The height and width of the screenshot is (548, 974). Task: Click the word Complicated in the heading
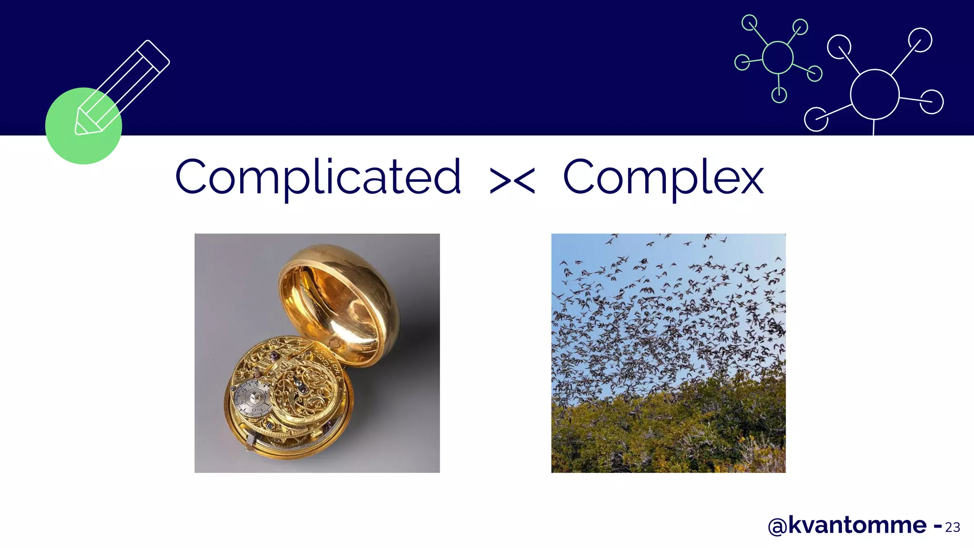tap(318, 177)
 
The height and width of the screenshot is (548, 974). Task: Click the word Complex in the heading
tap(663, 177)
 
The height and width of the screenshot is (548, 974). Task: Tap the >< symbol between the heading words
tap(512, 181)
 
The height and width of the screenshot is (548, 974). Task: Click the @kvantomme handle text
tap(847, 525)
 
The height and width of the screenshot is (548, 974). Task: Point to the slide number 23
tap(952, 527)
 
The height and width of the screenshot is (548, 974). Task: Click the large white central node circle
tap(874, 94)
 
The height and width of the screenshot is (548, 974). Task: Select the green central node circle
tap(778, 58)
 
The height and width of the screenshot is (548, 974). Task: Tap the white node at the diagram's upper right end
tap(920, 40)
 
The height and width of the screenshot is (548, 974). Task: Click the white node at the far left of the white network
tap(816, 119)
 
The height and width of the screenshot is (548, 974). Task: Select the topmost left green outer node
tap(750, 23)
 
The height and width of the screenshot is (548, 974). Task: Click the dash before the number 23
tap(937, 526)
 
